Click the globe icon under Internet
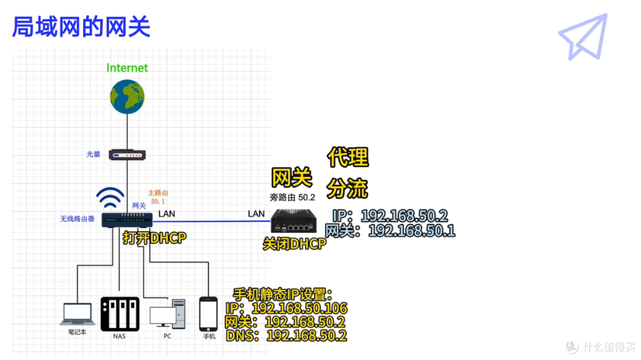pyautogui.click(x=127, y=97)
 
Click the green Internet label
pyautogui.click(x=127, y=68)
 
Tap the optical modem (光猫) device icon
pyautogui.click(x=127, y=155)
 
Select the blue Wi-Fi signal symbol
pyautogui.click(x=110, y=197)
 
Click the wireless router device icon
pyautogui.click(x=127, y=220)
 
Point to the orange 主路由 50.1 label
pyautogui.click(x=158, y=197)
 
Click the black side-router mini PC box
pyautogui.click(x=294, y=221)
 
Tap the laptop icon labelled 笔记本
pyautogui.click(x=77, y=314)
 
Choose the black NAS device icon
pyautogui.click(x=120, y=314)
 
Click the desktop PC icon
pyautogui.click(x=167, y=314)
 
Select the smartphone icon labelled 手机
pyautogui.click(x=208, y=314)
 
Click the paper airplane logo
pyautogui.click(x=583, y=37)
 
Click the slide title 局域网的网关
pyautogui.click(x=81, y=27)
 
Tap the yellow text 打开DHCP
pyautogui.click(x=154, y=238)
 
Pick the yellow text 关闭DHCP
pyautogui.click(x=294, y=244)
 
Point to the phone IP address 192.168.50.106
pyautogui.click(x=300, y=308)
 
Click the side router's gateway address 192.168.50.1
pyautogui.click(x=412, y=231)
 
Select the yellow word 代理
pyautogui.click(x=348, y=157)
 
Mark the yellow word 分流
pyautogui.click(x=347, y=189)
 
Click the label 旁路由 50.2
pyautogui.click(x=292, y=197)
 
